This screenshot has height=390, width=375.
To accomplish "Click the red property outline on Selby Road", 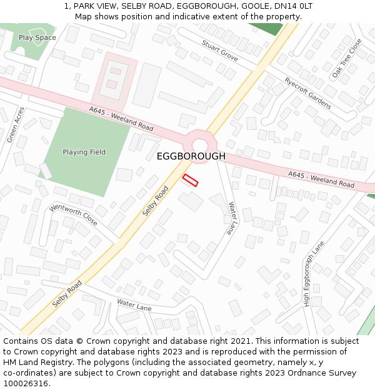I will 190,180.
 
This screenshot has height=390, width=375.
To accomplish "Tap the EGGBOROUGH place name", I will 191,156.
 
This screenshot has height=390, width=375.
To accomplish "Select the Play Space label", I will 37,37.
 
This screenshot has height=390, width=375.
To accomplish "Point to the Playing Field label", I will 84,152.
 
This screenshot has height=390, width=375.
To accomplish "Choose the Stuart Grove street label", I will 219,50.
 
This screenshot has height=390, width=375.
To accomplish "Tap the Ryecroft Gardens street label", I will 307,94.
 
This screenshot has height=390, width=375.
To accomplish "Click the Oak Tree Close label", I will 347,59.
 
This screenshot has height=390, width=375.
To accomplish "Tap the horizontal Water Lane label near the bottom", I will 134,306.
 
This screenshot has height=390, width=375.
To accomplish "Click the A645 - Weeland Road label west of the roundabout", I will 121,119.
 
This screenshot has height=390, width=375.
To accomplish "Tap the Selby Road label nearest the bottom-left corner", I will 67,293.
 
